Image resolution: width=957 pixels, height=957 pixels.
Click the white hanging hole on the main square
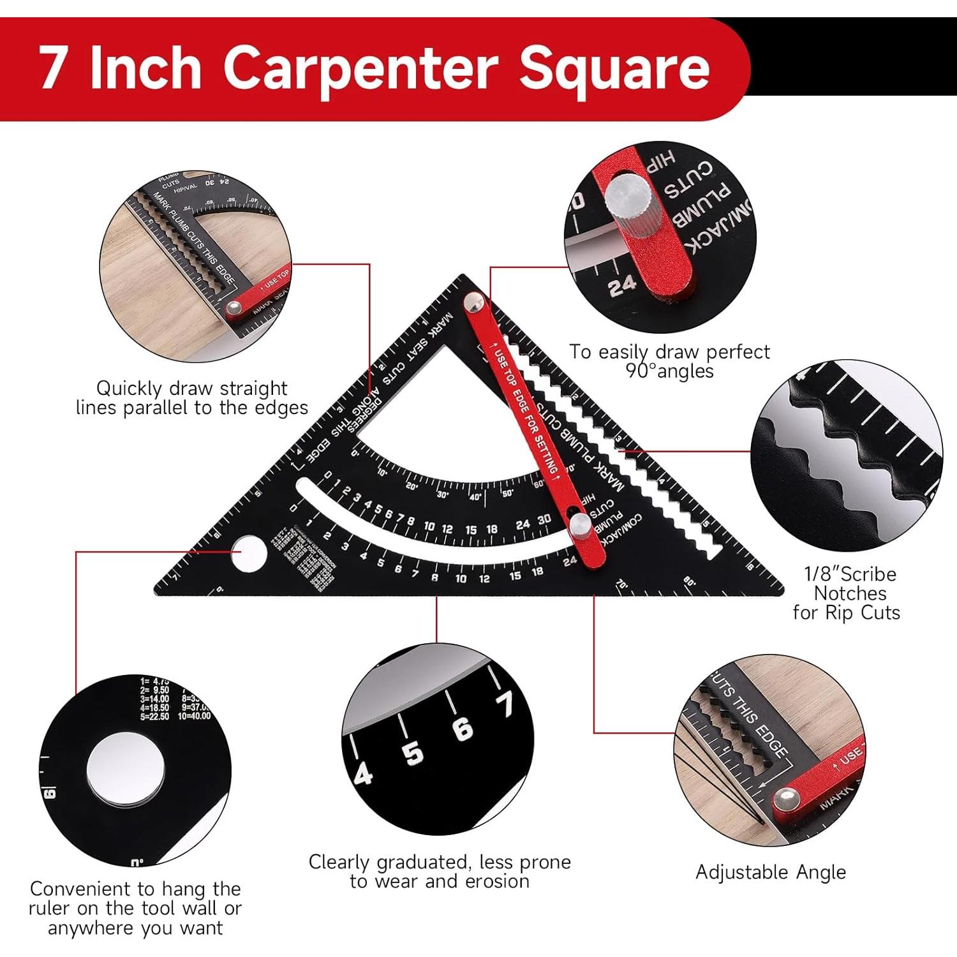248,553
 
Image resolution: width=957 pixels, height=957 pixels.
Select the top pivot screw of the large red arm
474,302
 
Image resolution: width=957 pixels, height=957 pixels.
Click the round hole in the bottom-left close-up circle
126,768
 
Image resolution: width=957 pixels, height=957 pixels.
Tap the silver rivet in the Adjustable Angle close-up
786,799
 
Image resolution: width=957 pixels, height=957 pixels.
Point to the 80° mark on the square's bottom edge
688,582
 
